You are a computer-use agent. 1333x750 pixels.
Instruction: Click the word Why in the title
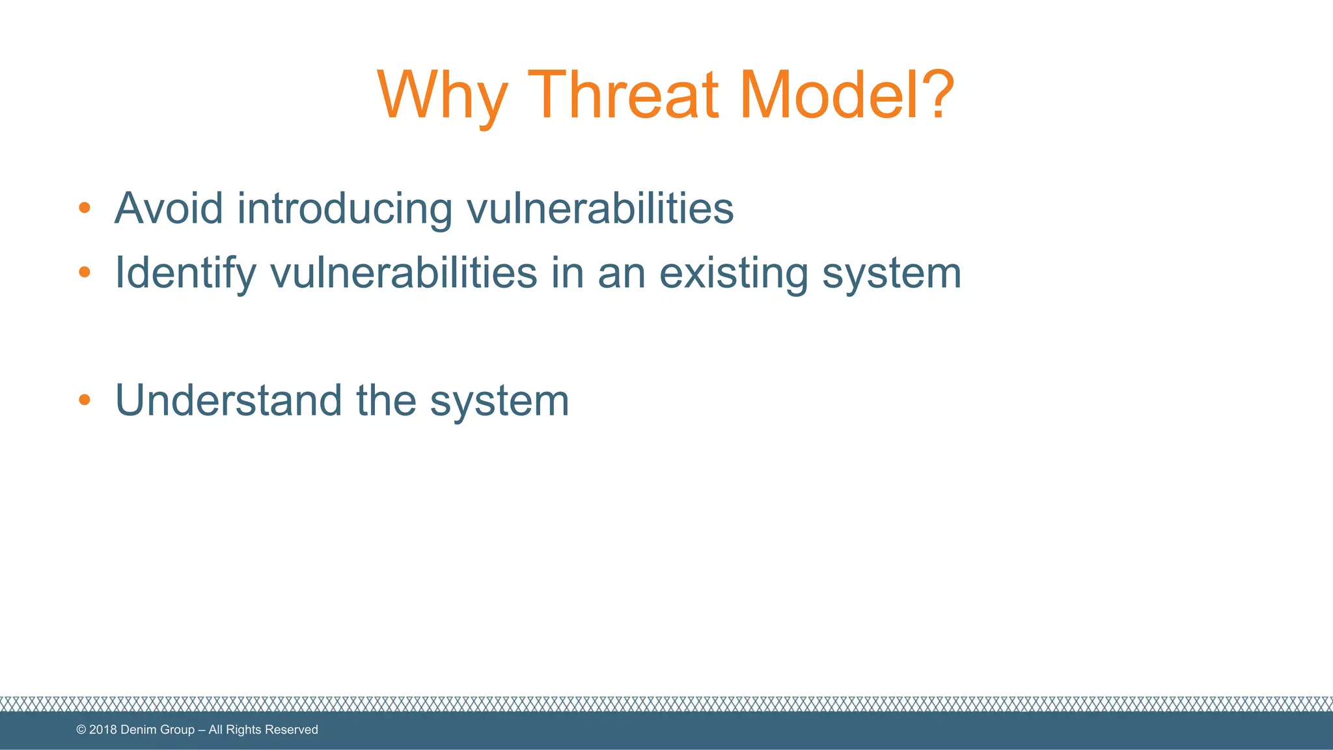click(442, 96)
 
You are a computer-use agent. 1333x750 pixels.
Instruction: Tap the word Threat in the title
click(624, 96)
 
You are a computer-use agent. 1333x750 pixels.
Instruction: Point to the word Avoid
click(169, 208)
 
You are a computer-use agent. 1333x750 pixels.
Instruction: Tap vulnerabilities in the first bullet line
click(600, 208)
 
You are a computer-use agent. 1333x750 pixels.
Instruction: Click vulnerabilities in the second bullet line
click(404, 272)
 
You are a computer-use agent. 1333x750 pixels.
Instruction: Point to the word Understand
click(228, 400)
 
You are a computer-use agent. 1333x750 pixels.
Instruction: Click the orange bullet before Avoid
click(84, 208)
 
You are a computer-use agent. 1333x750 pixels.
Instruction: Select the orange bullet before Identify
click(84, 272)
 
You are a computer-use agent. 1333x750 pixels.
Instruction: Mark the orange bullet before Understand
click(84, 400)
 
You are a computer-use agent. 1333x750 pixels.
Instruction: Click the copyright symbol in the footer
click(81, 730)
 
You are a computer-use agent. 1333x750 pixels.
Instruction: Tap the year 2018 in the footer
click(103, 730)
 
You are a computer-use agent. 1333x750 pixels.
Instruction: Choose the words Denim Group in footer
click(158, 730)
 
